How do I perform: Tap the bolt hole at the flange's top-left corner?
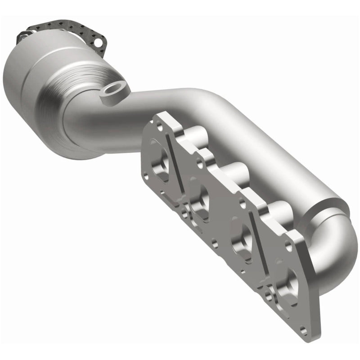[x=157, y=119]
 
